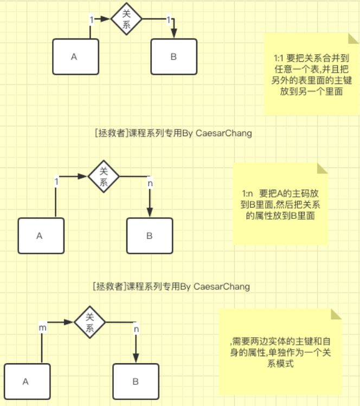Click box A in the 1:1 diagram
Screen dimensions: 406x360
click(75, 56)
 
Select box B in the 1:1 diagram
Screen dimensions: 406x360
click(173, 56)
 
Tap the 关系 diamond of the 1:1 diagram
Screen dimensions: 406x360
click(126, 20)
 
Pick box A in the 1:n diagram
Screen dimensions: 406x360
click(41, 236)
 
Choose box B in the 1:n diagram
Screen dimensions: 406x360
click(150, 236)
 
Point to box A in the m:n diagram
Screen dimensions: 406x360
click(27, 381)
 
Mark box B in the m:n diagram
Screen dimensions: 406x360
click(136, 381)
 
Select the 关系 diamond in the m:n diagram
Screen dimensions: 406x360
click(90, 322)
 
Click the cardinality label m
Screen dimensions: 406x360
click(42, 328)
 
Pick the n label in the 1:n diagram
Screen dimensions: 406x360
click(150, 183)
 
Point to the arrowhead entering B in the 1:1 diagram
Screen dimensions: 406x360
click(173, 34)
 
